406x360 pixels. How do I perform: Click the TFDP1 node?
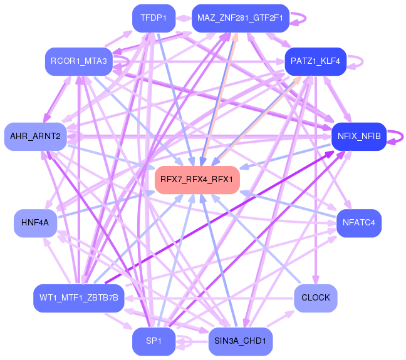pos(154,18)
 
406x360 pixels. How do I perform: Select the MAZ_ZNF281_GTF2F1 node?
pos(240,18)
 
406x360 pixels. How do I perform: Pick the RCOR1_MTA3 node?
pos(79,61)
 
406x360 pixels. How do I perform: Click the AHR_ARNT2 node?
pos(35,136)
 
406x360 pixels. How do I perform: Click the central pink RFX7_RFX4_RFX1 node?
pos(197,180)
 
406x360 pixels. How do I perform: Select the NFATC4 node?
pos(358,223)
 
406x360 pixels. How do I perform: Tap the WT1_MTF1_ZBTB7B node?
pos(78,296)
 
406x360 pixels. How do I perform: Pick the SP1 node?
pos(154,341)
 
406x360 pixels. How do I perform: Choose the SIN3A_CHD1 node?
pos(240,341)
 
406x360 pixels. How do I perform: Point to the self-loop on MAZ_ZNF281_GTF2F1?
pos(301,18)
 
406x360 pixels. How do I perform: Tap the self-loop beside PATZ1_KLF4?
pos(360,61)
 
